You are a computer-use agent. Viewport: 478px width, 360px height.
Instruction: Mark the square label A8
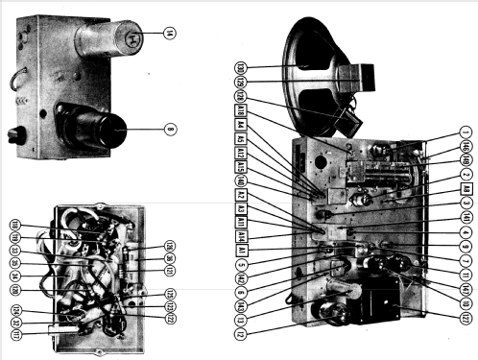coord(465,190)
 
